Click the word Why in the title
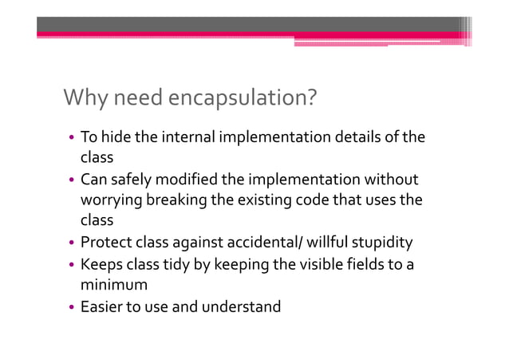[83, 99]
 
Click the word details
[360, 138]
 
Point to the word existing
[262, 200]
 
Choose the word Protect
[105, 243]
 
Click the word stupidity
[381, 243]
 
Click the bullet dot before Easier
[71, 307]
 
